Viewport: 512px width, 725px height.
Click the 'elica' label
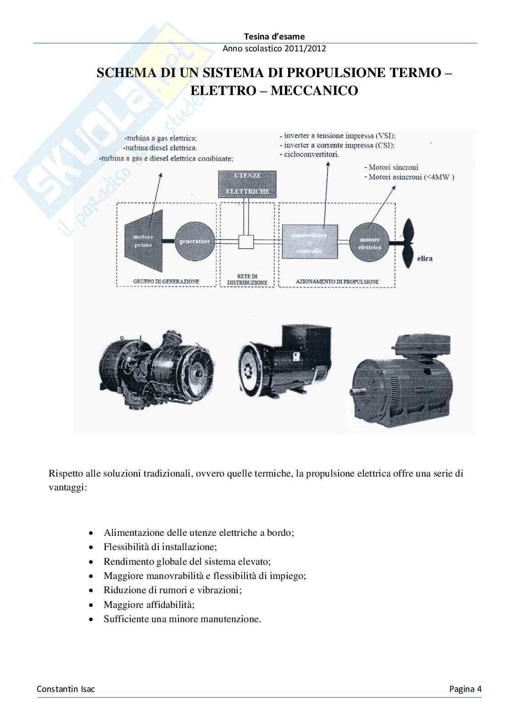pyautogui.click(x=425, y=259)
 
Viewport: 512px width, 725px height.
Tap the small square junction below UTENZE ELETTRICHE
pyautogui.click(x=246, y=242)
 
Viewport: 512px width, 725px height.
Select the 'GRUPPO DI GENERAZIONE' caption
pyautogui.click(x=167, y=281)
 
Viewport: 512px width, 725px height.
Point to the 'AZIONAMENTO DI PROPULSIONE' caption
pyautogui.click(x=337, y=281)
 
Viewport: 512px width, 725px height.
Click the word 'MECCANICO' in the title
pyautogui.click(x=314, y=90)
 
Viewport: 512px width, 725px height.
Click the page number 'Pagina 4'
pyautogui.click(x=465, y=689)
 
